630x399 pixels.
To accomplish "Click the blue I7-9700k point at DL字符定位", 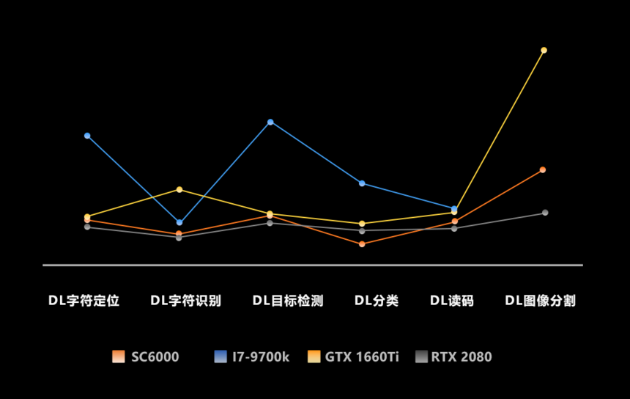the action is click(87, 136).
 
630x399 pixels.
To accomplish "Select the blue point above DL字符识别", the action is click(179, 222).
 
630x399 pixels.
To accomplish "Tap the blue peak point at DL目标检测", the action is click(270, 122).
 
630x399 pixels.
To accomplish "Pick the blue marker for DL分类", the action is click(362, 183).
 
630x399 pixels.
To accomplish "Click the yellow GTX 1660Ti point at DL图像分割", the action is click(544, 51).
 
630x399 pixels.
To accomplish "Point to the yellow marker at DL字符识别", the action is click(179, 189).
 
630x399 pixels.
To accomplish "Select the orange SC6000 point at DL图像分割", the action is click(543, 169).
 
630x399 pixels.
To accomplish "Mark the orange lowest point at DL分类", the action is click(362, 244).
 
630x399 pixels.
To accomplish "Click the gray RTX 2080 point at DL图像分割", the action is click(545, 213).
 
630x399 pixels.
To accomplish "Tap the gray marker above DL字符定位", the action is click(87, 227).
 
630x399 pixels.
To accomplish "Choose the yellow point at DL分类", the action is click(362, 223).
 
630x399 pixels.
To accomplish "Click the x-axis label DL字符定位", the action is click(84, 301).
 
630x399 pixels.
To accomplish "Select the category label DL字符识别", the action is click(185, 301).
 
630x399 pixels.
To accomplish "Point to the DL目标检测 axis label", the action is click(288, 301).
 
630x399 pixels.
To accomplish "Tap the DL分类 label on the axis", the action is click(377, 301).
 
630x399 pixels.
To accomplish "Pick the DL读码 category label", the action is click(452, 301).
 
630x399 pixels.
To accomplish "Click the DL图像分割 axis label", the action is click(541, 301).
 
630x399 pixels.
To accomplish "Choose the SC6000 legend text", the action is click(155, 356).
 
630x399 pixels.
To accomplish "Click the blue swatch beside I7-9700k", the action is click(220, 356).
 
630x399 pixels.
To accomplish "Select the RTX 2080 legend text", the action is click(462, 356).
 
